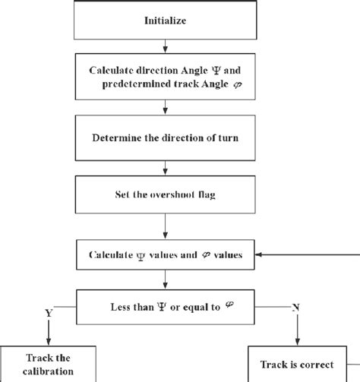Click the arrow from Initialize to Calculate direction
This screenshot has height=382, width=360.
pyautogui.click(x=165, y=48)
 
